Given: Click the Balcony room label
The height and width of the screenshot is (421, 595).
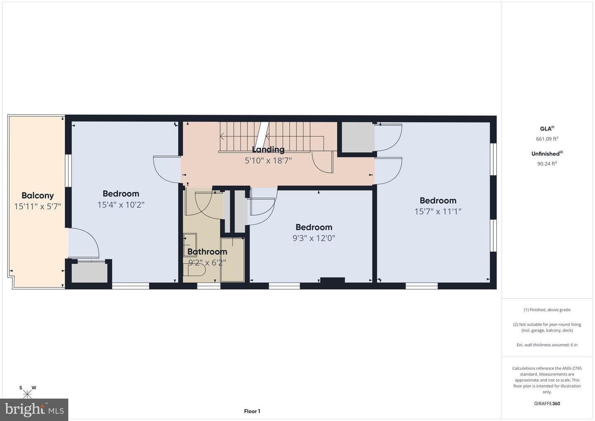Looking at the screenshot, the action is coord(38,196).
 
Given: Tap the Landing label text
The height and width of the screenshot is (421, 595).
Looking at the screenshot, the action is coord(268,150).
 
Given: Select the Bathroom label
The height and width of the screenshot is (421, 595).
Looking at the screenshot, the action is coord(207,251).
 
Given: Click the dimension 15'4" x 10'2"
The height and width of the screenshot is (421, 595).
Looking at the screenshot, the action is coord(121,205).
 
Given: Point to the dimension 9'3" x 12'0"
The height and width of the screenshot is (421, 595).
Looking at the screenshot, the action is coord(314,238).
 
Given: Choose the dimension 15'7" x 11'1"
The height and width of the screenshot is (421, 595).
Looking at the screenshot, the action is coord(438,211).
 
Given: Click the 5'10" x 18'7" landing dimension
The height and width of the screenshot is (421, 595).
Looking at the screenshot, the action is coord(268,160).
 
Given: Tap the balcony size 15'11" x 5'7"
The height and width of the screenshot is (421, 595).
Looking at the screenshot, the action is coord(38,206).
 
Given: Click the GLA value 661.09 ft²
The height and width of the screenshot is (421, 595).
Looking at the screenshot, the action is coord(547,139).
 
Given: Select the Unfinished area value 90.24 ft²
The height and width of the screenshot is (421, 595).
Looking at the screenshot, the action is coord(547,163).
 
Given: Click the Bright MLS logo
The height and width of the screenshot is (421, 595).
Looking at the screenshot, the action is coord(34,409).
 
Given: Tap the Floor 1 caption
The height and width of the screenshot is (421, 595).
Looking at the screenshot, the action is coord(252,411).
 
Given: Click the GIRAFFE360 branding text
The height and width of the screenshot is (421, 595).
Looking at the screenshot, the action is coord(547,404).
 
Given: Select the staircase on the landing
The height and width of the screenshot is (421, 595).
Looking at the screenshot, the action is coord(271,137).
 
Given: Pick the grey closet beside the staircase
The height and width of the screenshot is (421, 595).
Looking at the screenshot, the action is coord(358,137).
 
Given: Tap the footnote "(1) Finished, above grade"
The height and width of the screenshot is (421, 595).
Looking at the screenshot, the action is coord(547,310).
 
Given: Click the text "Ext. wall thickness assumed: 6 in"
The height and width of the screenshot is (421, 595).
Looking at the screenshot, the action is coord(547,345).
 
